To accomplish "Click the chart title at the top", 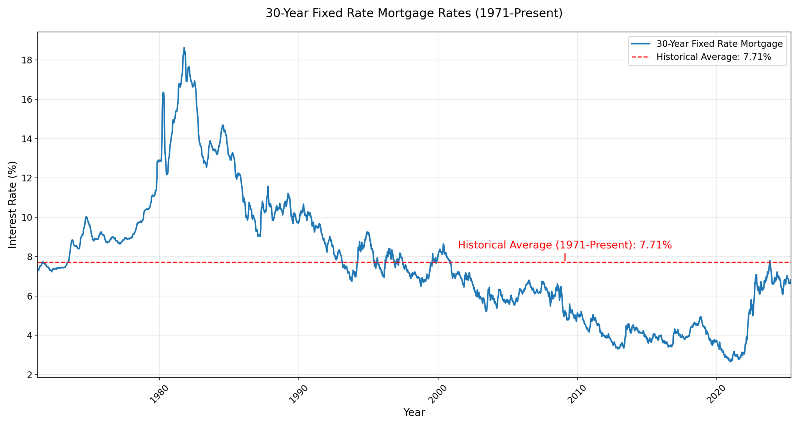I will click(414, 13).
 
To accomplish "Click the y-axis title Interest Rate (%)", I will click(12, 204).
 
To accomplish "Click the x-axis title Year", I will click(414, 412).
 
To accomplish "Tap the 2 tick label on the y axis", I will click(29, 375).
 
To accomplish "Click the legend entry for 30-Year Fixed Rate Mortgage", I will click(719, 44).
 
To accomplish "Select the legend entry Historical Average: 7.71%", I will click(714, 57).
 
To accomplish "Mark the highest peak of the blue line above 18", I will click(184, 48).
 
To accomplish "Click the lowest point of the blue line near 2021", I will click(730, 362).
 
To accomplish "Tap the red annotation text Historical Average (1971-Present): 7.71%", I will click(565, 245).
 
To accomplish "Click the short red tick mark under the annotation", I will click(565, 257).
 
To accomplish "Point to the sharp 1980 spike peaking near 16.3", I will click(163, 92).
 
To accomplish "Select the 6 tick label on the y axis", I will click(29, 296).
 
